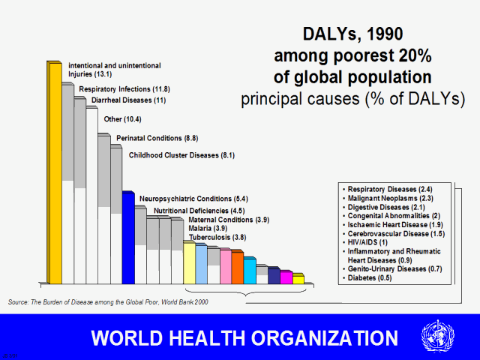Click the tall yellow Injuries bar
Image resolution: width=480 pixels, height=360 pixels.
click(x=54, y=172)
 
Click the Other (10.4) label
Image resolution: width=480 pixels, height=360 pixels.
click(x=123, y=119)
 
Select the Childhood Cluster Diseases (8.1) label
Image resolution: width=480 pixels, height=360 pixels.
click(x=182, y=155)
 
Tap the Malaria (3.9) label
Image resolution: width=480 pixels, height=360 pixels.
click(x=209, y=228)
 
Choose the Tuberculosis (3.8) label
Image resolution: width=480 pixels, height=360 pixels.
click(x=217, y=237)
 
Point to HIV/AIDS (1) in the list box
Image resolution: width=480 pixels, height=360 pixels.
click(x=366, y=242)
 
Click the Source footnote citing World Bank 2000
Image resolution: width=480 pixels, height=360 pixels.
click(x=109, y=301)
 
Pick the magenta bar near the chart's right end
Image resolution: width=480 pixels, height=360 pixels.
click(x=286, y=277)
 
